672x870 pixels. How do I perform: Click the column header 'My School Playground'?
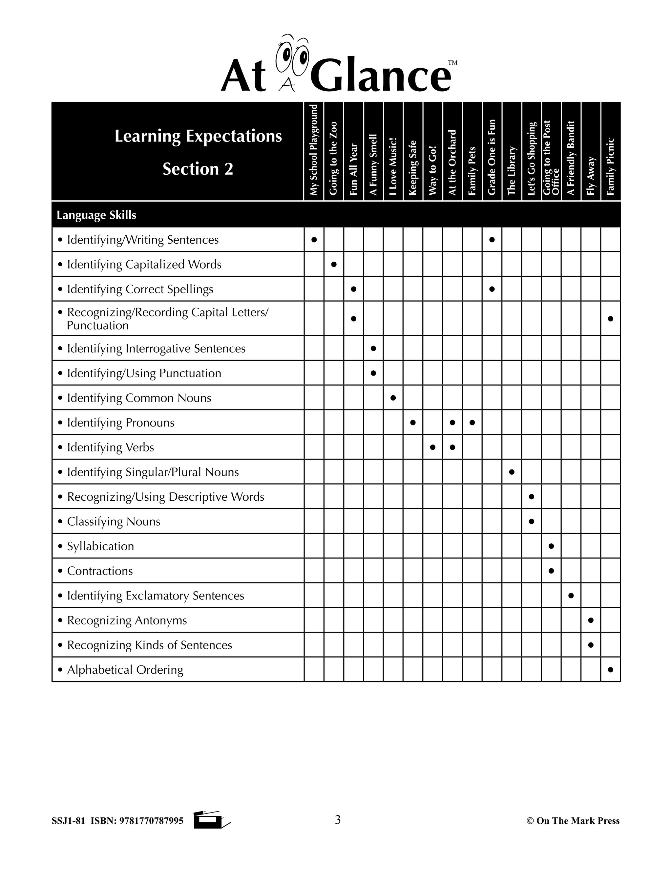(314, 150)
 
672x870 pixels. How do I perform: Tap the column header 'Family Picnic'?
(611, 166)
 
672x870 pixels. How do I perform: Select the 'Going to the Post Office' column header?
(551, 158)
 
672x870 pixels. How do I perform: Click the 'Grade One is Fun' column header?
(492, 157)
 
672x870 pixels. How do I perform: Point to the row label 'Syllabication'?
(100, 546)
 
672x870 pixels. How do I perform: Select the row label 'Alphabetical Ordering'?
(125, 670)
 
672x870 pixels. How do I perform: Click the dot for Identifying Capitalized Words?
(334, 264)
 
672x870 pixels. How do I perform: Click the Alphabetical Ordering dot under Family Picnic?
(611, 670)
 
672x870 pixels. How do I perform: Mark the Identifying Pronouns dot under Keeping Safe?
(413, 422)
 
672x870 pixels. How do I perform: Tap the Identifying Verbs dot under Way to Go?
(433, 447)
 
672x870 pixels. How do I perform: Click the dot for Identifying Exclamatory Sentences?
(571, 596)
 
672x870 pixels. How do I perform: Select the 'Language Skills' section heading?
(96, 215)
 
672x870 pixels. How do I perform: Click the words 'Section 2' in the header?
(198, 169)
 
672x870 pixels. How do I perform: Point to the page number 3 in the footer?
(338, 820)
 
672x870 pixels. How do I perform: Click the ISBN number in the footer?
(151, 821)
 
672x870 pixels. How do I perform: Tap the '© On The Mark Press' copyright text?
(573, 821)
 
